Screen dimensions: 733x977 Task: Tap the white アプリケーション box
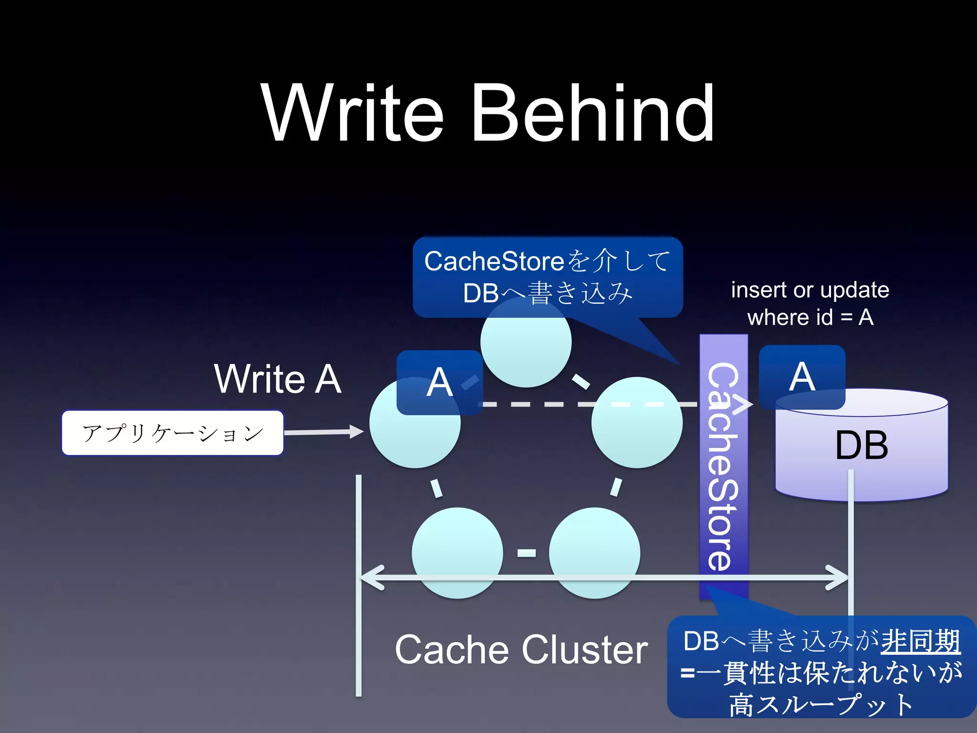pos(173,433)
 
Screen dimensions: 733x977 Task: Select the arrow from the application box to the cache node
pos(324,432)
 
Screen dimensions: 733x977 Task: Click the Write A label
pos(278,379)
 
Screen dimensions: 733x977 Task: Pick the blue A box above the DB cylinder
pos(802,377)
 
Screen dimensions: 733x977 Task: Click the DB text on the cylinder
pos(862,446)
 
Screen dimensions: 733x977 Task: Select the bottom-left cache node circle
pos(457,553)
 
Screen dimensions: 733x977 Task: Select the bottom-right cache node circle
pos(594,553)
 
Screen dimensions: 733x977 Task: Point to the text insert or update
pos(810,290)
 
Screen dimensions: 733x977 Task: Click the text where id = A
pos(810,317)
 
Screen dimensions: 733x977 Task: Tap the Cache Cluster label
pos(521,650)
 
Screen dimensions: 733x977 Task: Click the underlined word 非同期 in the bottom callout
pos(920,641)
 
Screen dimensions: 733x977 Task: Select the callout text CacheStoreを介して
pos(548,261)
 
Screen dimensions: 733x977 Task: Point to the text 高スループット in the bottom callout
pos(821,704)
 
